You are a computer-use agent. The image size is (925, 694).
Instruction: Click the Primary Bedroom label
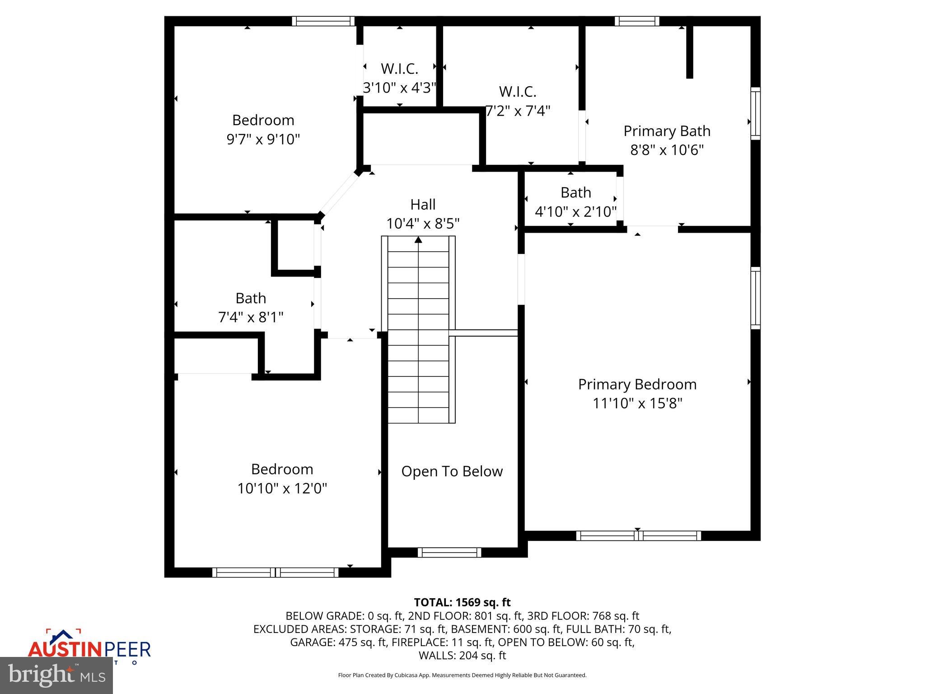click(x=637, y=385)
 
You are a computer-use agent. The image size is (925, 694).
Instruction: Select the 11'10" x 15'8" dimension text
click(x=637, y=403)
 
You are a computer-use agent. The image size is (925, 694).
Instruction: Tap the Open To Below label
click(x=452, y=471)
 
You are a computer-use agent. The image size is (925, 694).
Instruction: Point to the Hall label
click(x=423, y=205)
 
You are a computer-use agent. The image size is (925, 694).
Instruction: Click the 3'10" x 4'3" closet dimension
click(x=399, y=88)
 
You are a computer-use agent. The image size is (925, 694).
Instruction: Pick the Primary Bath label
click(x=667, y=131)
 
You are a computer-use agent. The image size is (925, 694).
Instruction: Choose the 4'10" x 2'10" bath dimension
click(x=575, y=211)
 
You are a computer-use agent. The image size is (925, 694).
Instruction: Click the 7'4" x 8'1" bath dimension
click(x=251, y=317)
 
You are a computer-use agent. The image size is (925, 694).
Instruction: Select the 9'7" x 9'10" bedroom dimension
click(x=263, y=139)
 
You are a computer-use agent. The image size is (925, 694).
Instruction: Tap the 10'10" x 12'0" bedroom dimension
click(x=282, y=488)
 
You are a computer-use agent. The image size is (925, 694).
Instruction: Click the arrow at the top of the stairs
click(x=418, y=240)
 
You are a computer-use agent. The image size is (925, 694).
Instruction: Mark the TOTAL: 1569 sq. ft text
click(x=462, y=602)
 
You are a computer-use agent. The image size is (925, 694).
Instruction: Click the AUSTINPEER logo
click(x=89, y=649)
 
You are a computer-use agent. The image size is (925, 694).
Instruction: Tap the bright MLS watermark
click(x=56, y=675)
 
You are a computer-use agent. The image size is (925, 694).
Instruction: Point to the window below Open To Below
click(x=449, y=552)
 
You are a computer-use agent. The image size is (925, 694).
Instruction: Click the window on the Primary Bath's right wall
click(x=755, y=113)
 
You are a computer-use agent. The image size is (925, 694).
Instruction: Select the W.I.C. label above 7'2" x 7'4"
click(x=518, y=92)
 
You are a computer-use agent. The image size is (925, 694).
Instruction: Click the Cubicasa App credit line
click(x=462, y=675)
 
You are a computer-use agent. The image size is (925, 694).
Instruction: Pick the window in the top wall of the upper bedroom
click(x=323, y=21)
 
